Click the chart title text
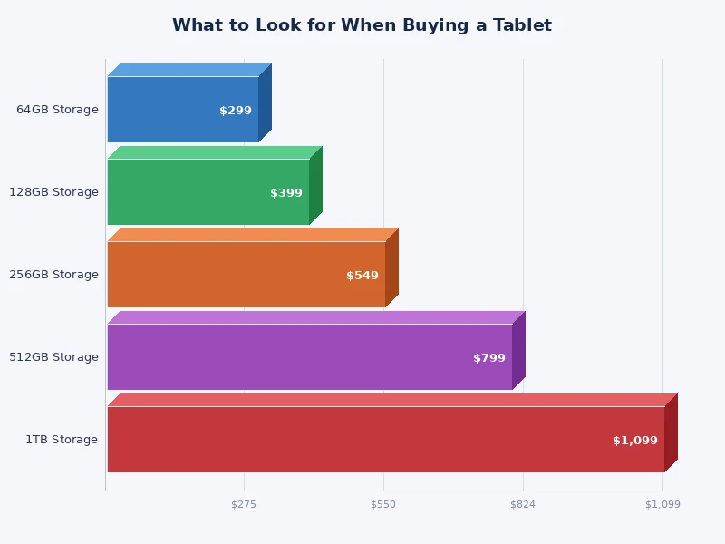(x=362, y=25)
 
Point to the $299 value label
(x=236, y=111)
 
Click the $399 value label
(x=286, y=193)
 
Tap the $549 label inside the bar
(x=362, y=276)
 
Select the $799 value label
(x=489, y=358)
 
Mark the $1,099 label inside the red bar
(x=635, y=441)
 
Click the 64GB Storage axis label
(x=57, y=110)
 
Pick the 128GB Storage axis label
(x=53, y=192)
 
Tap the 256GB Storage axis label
(x=53, y=275)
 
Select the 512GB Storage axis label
(x=53, y=357)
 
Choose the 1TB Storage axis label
(x=62, y=440)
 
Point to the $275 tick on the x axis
(x=244, y=504)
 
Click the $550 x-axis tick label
(x=383, y=504)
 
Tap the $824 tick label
(x=523, y=504)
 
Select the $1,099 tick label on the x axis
(x=662, y=504)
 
